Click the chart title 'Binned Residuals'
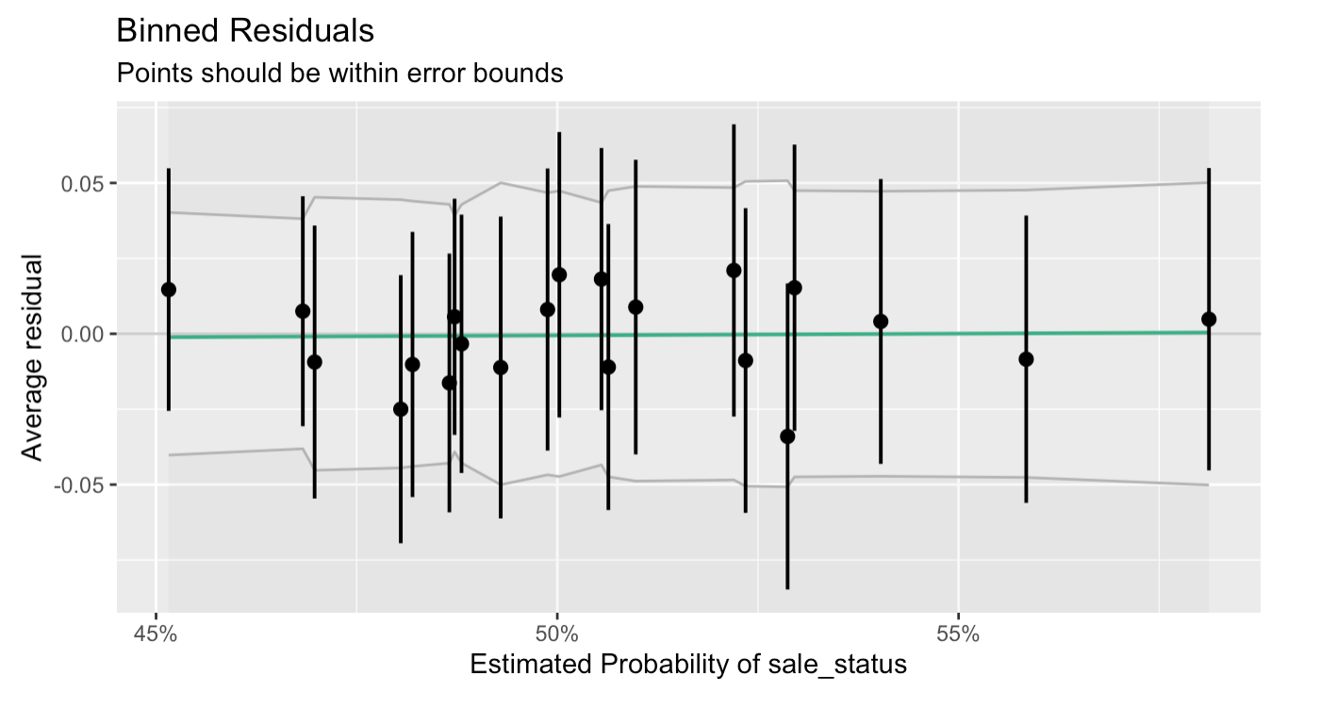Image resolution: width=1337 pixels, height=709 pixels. (x=244, y=31)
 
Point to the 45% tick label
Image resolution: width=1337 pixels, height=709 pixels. (x=156, y=634)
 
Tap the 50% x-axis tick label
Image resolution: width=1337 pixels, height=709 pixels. (x=556, y=634)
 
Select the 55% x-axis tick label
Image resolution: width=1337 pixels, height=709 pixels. (x=958, y=634)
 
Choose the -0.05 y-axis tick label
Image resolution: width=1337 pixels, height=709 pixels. (x=80, y=485)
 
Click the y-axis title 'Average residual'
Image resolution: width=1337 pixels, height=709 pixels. (x=33, y=357)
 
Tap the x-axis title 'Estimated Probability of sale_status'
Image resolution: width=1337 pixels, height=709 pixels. (x=687, y=665)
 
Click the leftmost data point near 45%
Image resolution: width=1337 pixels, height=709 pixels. (x=169, y=289)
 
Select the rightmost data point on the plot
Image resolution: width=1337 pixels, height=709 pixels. (x=1209, y=319)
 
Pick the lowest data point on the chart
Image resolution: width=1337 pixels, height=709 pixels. (x=787, y=436)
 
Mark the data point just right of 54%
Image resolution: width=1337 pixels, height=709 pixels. (x=881, y=322)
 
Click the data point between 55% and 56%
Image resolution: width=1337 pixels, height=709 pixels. (x=1026, y=359)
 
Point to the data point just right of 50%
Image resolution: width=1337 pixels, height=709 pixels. (x=559, y=274)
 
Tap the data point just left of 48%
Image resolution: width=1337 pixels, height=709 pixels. (x=401, y=408)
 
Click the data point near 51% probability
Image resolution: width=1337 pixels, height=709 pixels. (x=635, y=306)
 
